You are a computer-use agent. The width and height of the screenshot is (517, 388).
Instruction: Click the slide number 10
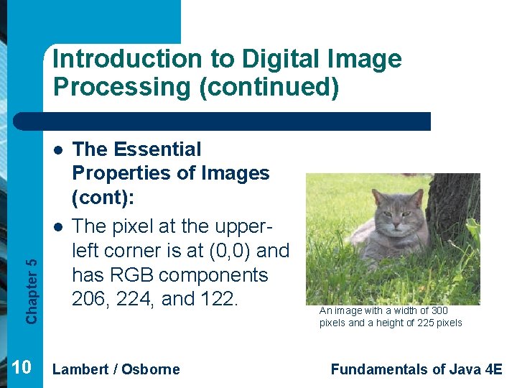[22, 369]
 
